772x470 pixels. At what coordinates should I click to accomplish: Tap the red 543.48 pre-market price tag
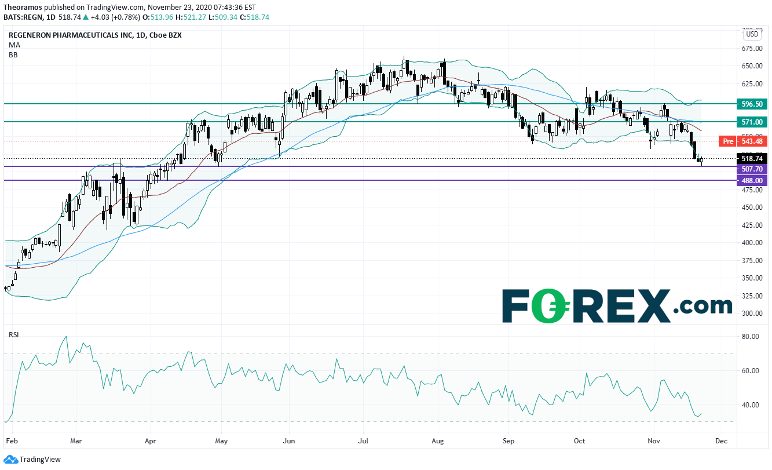click(752, 141)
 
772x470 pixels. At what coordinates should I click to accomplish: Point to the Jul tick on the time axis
click(363, 441)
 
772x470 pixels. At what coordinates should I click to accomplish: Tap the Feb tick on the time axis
click(10, 441)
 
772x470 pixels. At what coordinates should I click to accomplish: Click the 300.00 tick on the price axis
click(752, 314)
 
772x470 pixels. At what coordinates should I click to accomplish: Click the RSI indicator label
click(14, 334)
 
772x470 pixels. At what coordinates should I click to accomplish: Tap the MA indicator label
click(14, 45)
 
